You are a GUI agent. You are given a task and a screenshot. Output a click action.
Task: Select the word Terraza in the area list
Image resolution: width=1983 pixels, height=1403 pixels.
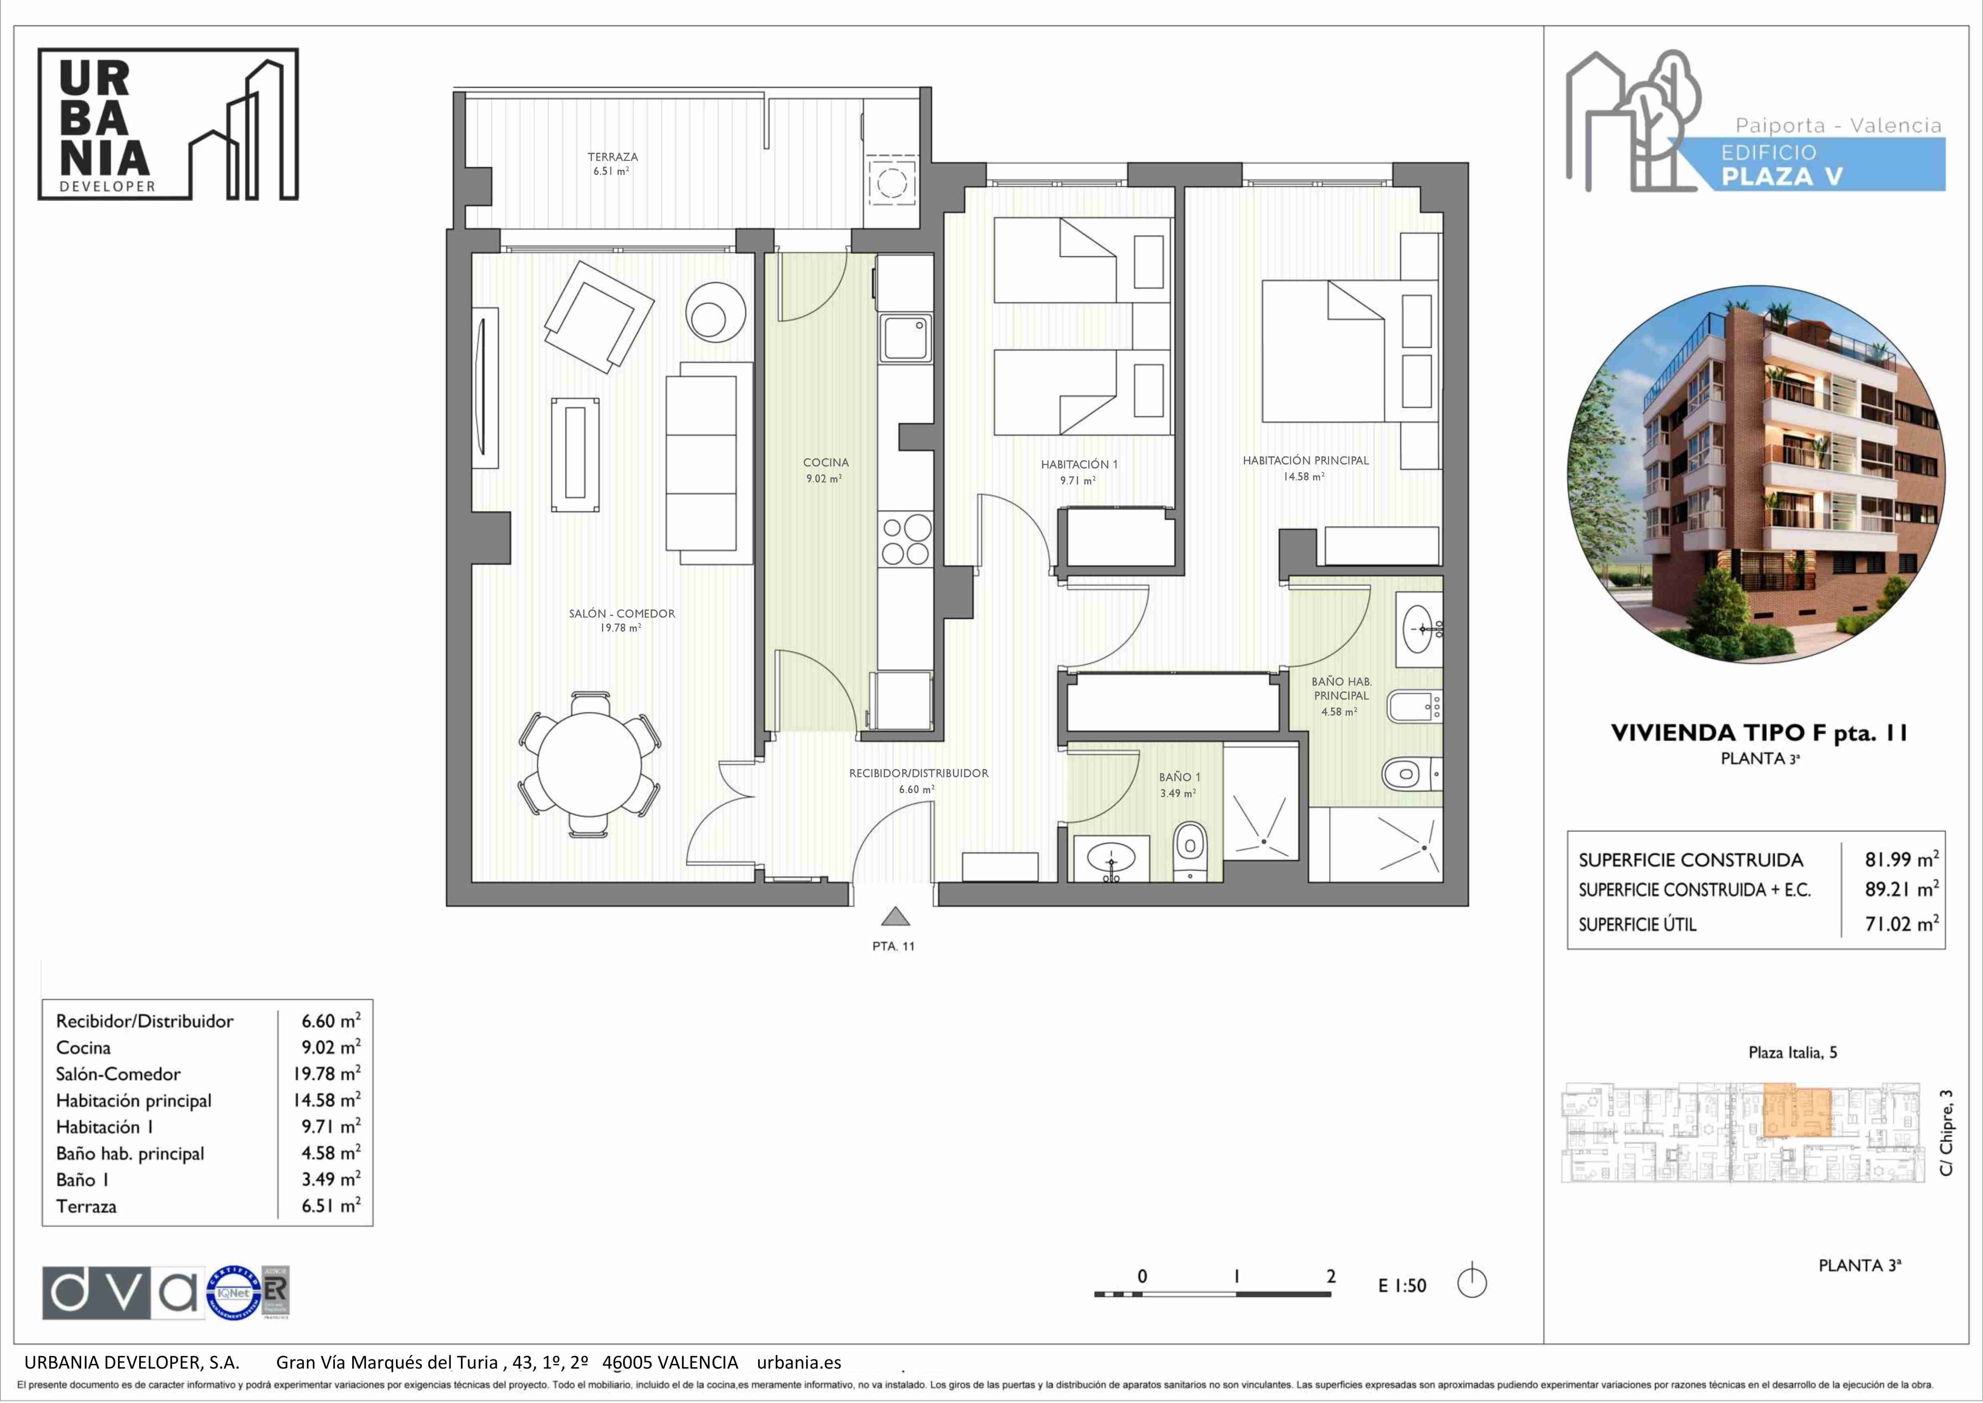86,1206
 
